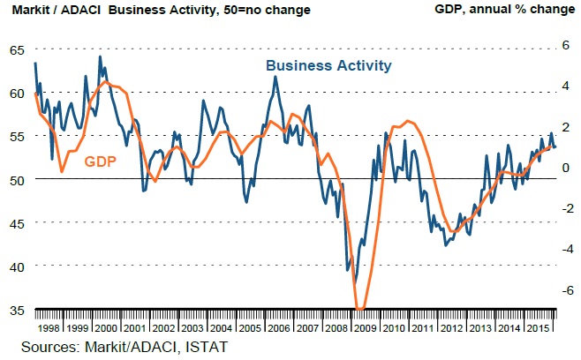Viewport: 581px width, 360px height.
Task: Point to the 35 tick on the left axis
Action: (x=17, y=310)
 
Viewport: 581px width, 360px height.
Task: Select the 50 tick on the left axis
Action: (x=17, y=179)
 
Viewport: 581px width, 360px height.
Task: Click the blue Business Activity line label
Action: (x=328, y=65)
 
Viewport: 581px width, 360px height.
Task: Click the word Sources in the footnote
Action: (x=40, y=347)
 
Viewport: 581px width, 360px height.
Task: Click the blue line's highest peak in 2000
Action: (x=99, y=57)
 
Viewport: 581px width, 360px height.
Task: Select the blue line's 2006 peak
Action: (x=275, y=77)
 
